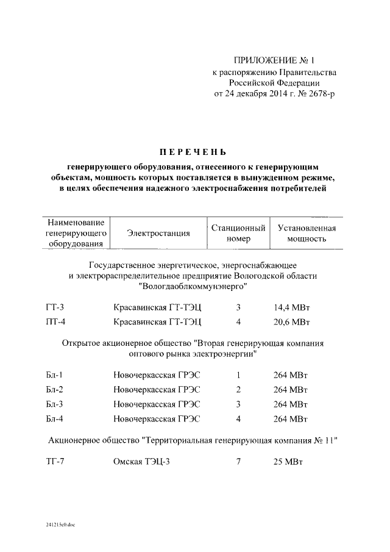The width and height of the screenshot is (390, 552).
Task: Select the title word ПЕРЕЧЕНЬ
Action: point(193,151)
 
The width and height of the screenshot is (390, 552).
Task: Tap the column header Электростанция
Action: point(158,233)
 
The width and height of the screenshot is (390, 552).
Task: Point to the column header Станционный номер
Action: point(238,233)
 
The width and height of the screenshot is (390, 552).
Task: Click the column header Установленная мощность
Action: point(307,233)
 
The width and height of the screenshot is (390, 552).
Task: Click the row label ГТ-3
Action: point(55,308)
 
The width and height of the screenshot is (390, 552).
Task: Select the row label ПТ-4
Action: point(55,321)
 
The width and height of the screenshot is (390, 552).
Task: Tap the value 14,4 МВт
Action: point(292,308)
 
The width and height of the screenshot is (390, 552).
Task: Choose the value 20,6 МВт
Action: point(292,321)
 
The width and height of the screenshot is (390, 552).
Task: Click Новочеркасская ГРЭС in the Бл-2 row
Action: point(157,390)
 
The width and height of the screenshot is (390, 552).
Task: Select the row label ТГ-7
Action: point(55,461)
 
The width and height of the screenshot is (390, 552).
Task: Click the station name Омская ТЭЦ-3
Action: point(142,461)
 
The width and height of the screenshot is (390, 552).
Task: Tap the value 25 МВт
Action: point(288,461)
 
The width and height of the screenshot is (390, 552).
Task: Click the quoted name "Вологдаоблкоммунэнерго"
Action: point(193,285)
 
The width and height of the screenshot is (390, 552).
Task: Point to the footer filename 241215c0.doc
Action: point(60,525)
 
